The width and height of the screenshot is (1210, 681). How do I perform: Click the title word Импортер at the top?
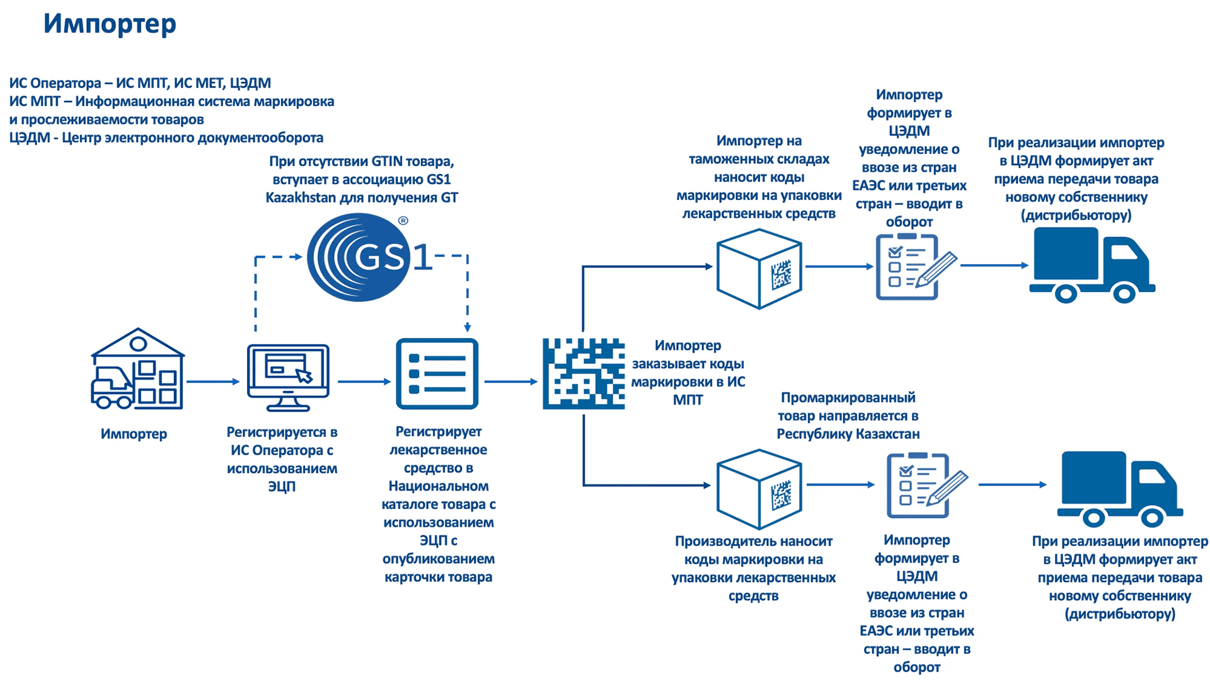110,24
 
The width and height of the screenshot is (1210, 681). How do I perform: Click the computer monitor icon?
288,377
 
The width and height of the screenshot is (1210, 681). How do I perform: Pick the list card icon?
437,374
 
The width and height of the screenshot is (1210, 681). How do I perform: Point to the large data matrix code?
584,374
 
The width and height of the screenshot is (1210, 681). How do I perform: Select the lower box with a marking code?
759,489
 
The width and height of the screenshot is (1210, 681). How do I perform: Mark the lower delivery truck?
1119,489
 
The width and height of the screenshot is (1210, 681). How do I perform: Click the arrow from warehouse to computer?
213,381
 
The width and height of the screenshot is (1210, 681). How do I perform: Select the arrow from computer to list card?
364,381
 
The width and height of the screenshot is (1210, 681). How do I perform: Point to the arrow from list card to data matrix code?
510,381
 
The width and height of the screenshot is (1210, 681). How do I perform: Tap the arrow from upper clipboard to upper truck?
994,265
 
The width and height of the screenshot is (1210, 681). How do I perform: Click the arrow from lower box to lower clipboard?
840,485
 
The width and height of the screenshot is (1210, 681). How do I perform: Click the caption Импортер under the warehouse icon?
134,434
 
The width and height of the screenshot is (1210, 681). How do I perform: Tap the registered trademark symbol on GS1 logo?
403,221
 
